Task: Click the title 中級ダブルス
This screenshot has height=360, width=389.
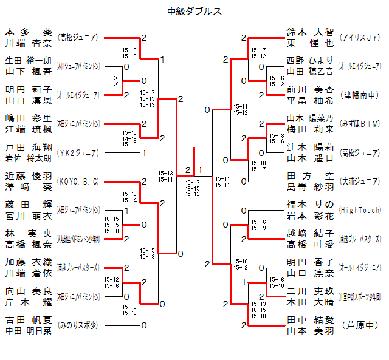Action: pyautogui.click(x=194, y=11)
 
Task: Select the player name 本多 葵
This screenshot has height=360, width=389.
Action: pyautogui.click(x=29, y=32)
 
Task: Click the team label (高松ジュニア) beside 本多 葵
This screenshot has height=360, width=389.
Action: pyautogui.click(x=78, y=38)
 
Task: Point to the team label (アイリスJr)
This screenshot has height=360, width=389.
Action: pyautogui.click(x=360, y=38)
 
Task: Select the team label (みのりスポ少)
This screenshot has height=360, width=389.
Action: pyautogui.click(x=78, y=325)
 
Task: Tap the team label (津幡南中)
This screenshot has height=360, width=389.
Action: pyautogui.click(x=360, y=95)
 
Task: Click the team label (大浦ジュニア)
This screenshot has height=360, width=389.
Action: pyautogui.click(x=360, y=182)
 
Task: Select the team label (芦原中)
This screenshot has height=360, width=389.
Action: pyautogui.click(x=360, y=325)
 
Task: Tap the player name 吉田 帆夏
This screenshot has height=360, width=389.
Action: pyautogui.click(x=29, y=320)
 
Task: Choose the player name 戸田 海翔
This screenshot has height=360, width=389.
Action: pyautogui.click(x=29, y=148)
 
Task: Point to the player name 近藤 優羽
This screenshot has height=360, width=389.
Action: pyautogui.click(x=29, y=176)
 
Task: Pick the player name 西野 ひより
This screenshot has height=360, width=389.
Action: pyautogui.click(x=310, y=61)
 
